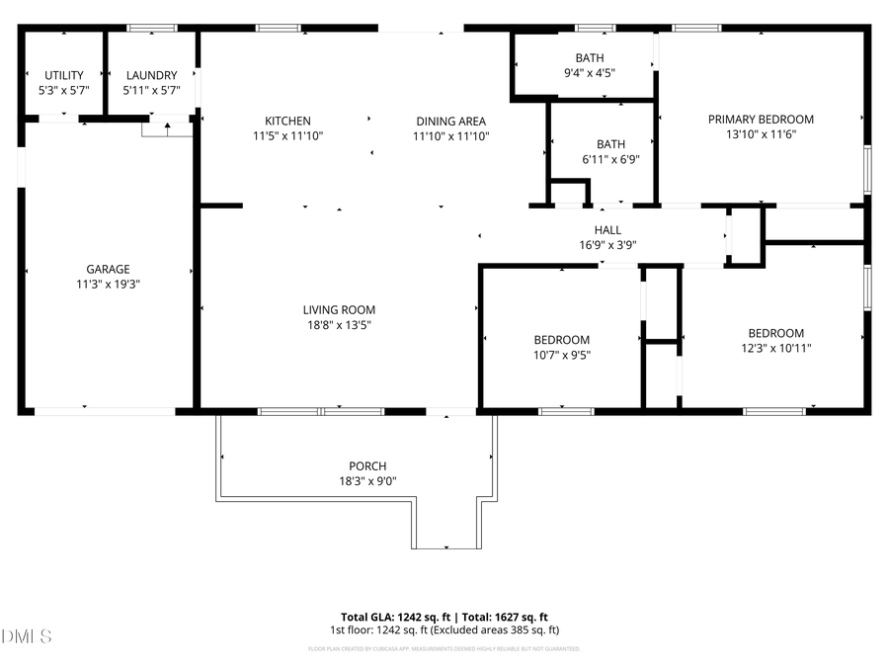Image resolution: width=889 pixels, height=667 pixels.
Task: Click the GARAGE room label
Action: pyautogui.click(x=108, y=269)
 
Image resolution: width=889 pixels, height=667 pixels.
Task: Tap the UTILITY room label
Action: pyautogui.click(x=64, y=75)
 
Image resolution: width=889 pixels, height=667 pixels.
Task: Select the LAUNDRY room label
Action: pyautogui.click(x=150, y=75)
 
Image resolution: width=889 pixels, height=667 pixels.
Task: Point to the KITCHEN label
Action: pyautogui.click(x=287, y=122)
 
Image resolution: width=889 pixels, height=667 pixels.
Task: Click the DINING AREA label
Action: pyautogui.click(x=450, y=122)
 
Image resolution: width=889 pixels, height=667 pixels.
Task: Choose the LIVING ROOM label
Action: pyautogui.click(x=339, y=309)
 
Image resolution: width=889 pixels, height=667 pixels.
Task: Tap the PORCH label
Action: pyautogui.click(x=367, y=466)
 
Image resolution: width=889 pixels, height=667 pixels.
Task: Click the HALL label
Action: pyautogui.click(x=607, y=229)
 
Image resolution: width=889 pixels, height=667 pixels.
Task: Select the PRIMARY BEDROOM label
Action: pyautogui.click(x=761, y=120)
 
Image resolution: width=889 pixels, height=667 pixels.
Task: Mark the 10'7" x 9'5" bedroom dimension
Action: pyautogui.click(x=561, y=355)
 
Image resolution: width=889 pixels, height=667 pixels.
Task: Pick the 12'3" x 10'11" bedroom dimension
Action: pyautogui.click(x=775, y=348)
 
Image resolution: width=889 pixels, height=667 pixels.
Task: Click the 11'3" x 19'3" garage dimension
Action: pyautogui.click(x=108, y=284)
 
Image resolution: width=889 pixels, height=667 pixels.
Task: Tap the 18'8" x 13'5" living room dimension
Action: pyautogui.click(x=339, y=324)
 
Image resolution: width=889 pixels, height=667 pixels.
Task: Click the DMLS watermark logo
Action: pyautogui.click(x=27, y=635)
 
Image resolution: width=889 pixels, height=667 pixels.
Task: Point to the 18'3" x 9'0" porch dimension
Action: pyautogui.click(x=367, y=481)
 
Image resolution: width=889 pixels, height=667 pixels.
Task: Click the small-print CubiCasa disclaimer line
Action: pyautogui.click(x=444, y=649)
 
